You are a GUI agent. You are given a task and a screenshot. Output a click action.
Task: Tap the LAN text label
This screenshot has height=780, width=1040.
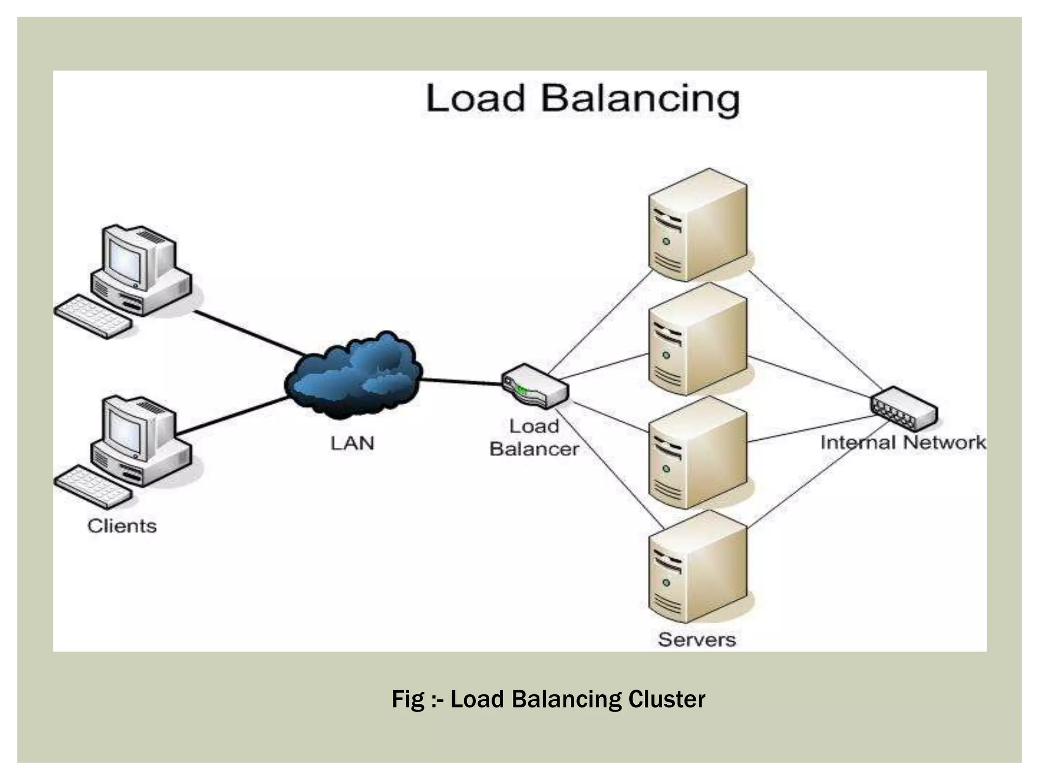click(x=352, y=443)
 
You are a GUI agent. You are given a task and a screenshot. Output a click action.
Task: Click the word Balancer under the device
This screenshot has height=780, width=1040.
click(x=534, y=449)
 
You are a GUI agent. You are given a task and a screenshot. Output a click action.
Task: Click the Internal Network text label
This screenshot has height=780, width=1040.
click(x=903, y=443)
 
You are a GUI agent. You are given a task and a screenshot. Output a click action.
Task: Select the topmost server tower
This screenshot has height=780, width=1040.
click(x=698, y=225)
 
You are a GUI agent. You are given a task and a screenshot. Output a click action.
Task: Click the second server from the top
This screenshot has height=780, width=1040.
click(x=698, y=339)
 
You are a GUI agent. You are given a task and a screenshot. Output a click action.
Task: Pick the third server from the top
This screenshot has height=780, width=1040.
click(x=698, y=453)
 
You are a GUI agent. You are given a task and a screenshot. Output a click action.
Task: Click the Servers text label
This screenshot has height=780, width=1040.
click(x=697, y=639)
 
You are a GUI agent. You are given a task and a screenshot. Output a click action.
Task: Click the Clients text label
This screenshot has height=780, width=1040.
click(x=122, y=526)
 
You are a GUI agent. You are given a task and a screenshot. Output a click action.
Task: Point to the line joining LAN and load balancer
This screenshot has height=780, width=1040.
click(x=461, y=382)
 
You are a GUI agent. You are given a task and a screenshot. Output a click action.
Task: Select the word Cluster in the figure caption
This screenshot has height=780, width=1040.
click(x=666, y=699)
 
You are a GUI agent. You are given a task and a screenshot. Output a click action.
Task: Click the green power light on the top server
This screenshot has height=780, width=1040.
click(x=666, y=241)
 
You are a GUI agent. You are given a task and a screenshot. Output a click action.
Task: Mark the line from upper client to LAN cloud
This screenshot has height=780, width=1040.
click(x=249, y=333)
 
